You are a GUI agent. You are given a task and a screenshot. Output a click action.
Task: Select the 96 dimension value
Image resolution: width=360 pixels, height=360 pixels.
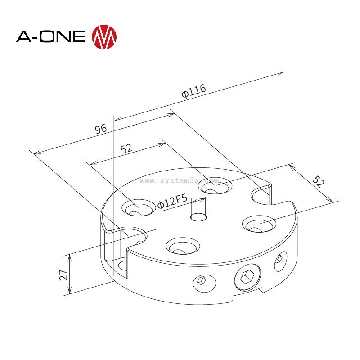(x=101, y=129)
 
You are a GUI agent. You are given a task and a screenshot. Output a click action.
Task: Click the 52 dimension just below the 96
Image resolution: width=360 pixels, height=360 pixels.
(x=126, y=149)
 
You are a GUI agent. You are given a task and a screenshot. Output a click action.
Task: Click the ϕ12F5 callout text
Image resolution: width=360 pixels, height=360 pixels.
(x=172, y=204)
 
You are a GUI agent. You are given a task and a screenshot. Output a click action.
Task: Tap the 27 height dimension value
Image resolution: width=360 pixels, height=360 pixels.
(x=63, y=274)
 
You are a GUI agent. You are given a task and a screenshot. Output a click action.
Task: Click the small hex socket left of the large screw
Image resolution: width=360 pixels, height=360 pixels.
(x=200, y=282)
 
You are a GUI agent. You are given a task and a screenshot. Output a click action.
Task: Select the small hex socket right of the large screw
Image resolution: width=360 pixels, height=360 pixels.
(x=281, y=260)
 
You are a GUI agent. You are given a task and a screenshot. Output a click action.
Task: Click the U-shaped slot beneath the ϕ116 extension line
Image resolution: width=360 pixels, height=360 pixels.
(x=262, y=195)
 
